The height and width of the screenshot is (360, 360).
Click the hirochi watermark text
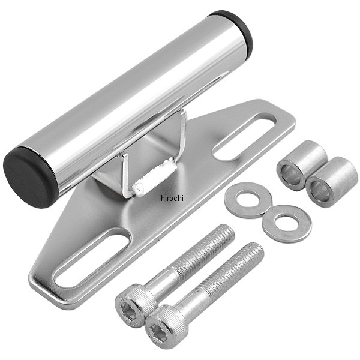point(172,198)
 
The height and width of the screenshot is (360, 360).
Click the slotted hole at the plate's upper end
point(244,136)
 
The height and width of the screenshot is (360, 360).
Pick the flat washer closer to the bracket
point(248,200)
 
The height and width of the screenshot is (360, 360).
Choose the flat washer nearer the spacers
point(287,224)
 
